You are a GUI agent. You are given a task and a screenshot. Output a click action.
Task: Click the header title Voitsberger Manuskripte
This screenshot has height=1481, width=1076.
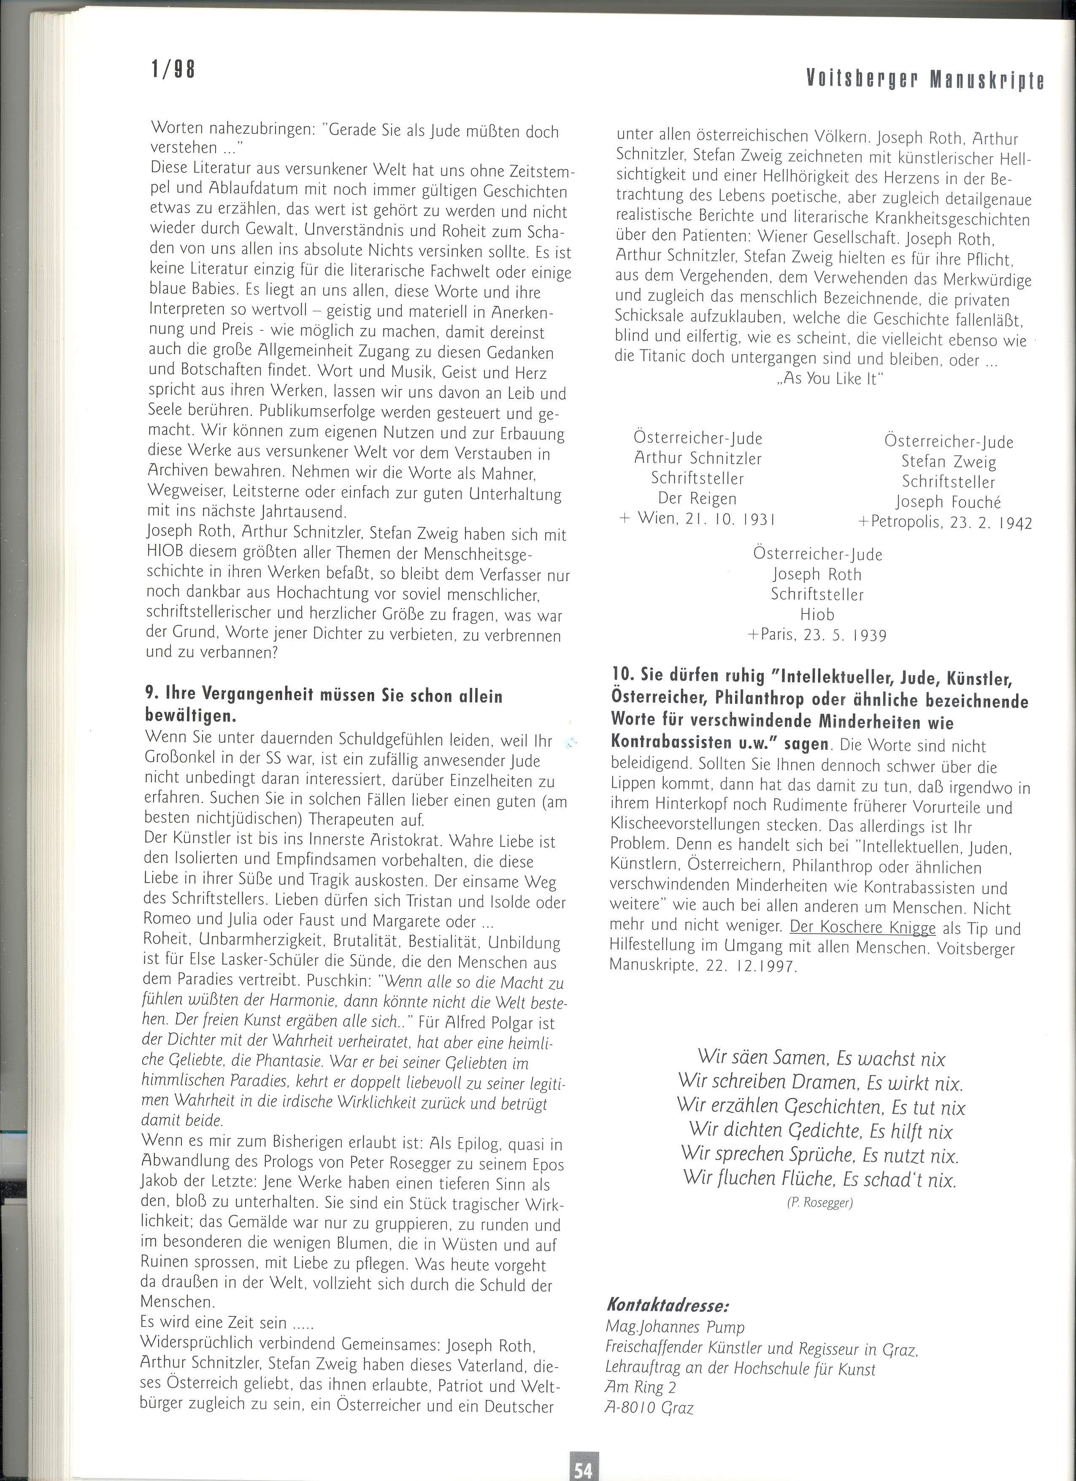pyautogui.click(x=925, y=80)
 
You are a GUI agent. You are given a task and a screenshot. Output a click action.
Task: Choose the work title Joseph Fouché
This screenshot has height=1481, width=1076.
pyautogui.click(x=948, y=502)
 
